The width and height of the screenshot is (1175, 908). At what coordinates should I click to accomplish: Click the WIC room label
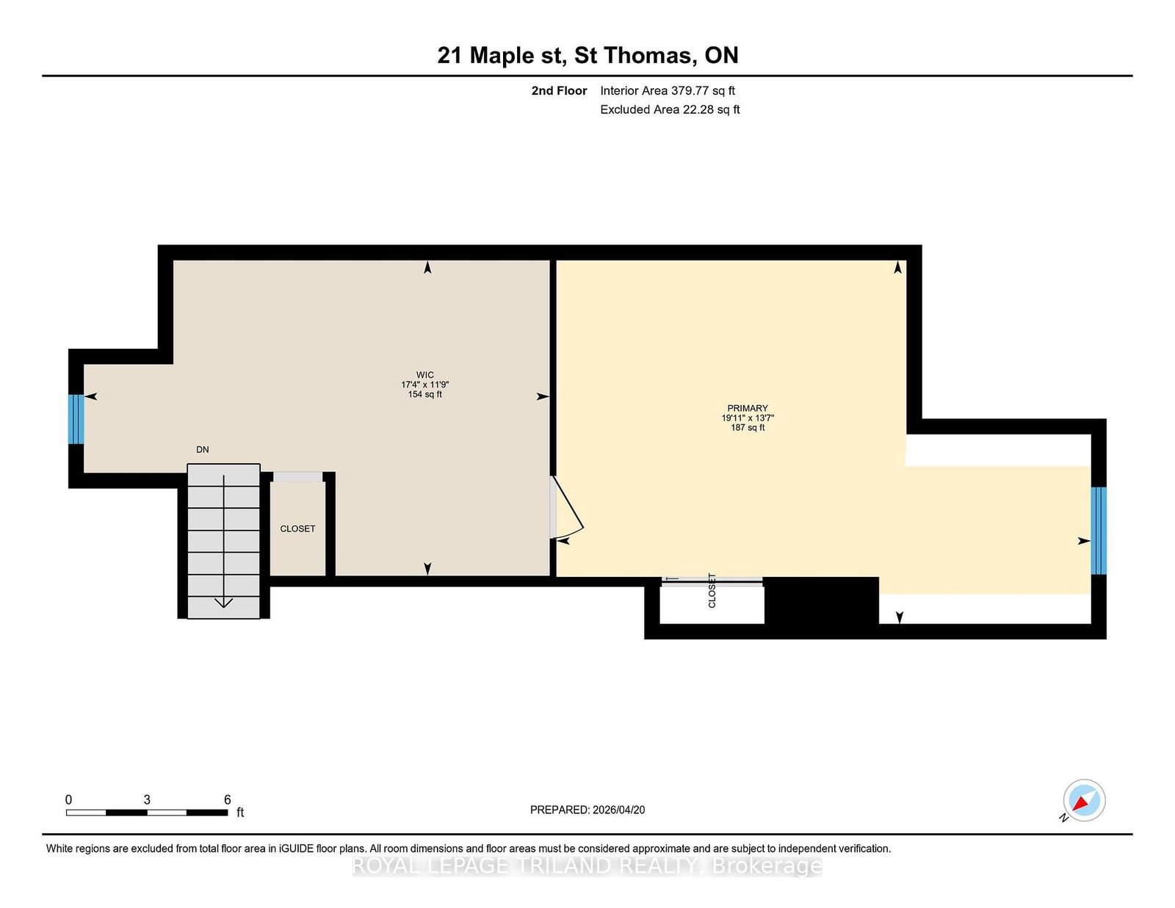pos(425,375)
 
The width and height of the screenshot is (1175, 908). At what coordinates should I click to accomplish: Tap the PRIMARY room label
pos(748,409)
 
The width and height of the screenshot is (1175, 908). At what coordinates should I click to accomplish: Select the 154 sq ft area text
pos(425,395)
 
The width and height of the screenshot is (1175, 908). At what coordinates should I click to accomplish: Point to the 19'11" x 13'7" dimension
pos(748,418)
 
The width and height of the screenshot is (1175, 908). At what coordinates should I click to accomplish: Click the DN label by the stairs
pos(202,450)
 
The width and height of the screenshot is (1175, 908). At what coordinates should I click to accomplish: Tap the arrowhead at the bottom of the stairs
pos(223,603)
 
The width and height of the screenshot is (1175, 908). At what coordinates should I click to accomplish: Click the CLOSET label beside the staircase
pos(297,529)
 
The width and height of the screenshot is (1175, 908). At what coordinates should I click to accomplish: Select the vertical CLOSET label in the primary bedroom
pos(712,590)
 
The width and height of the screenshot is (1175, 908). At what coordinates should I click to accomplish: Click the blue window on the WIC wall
pos(76,419)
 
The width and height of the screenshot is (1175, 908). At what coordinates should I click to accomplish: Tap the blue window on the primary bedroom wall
pos(1098,531)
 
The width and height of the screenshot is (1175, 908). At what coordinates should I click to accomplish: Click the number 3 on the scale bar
pos(147,799)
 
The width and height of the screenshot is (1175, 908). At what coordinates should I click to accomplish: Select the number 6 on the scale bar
pos(227,799)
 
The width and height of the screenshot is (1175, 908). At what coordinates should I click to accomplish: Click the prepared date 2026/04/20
pos(618,810)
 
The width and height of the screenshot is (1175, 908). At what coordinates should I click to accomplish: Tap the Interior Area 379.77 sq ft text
pos(668,91)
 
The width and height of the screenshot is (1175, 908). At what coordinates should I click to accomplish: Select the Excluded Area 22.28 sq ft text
pos(670,109)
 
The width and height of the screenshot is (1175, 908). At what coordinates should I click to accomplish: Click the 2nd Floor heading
pos(559,91)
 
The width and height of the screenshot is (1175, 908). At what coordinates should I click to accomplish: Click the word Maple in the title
pos(502,56)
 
